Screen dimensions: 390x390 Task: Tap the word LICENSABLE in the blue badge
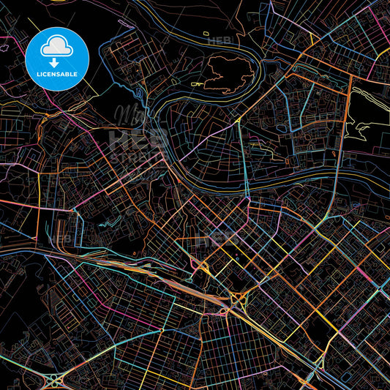point(57,73)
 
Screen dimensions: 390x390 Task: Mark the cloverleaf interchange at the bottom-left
point(56,380)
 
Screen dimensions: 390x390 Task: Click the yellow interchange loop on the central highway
point(238,299)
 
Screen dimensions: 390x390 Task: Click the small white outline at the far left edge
point(4,48)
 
